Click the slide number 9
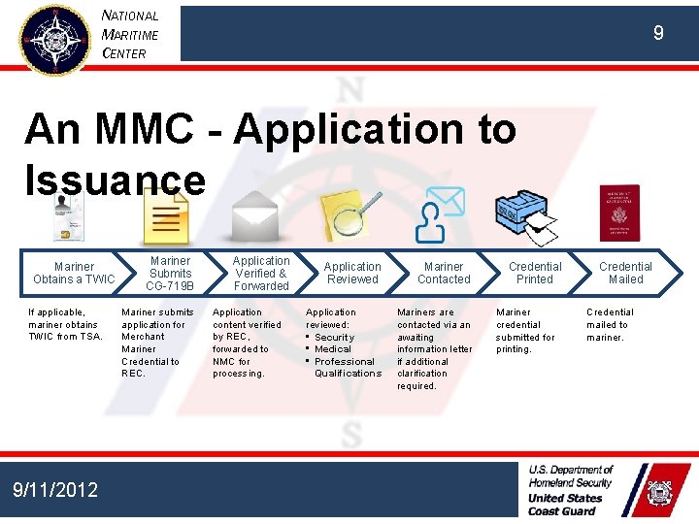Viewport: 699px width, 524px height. (x=658, y=34)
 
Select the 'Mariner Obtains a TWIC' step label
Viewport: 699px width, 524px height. (x=74, y=273)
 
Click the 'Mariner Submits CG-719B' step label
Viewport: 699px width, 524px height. (x=171, y=274)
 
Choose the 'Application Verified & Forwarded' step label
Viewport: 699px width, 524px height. (x=261, y=274)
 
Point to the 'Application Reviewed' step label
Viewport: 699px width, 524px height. (x=352, y=273)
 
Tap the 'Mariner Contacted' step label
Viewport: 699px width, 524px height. (x=444, y=273)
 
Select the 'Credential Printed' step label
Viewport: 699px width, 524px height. (x=535, y=273)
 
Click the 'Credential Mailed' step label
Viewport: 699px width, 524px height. (x=625, y=273)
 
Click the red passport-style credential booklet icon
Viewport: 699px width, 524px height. (x=619, y=211)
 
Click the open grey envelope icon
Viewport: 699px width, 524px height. (x=255, y=215)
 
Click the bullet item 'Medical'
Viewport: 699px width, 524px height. (x=333, y=349)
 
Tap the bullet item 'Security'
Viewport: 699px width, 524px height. (x=334, y=337)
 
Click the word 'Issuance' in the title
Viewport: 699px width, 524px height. (x=115, y=180)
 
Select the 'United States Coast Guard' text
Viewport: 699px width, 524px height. (x=565, y=505)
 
